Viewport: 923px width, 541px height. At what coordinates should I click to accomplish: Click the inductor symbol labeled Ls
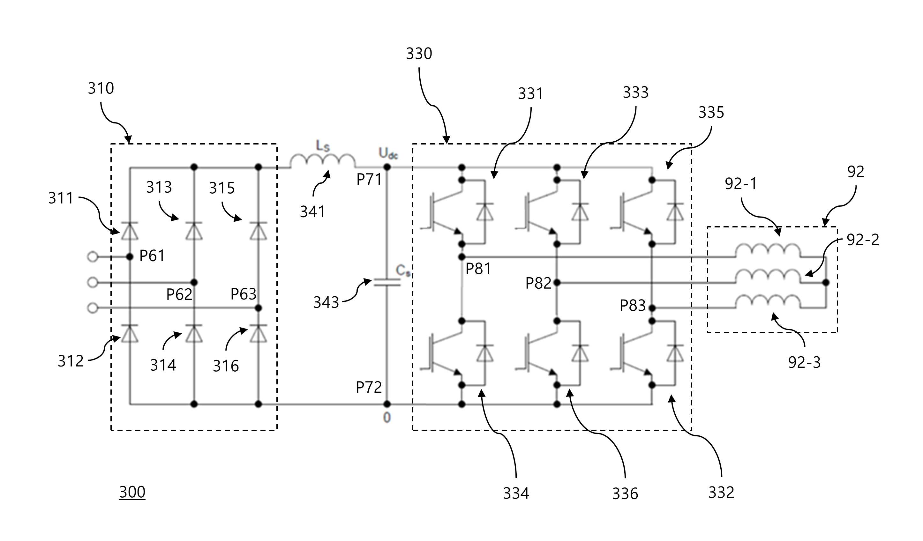323,161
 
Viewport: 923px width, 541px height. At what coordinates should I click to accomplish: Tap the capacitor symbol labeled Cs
387,282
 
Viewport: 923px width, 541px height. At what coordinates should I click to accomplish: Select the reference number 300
132,492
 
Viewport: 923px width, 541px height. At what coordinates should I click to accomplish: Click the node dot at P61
129,257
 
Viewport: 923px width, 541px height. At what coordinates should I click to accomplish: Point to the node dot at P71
387,167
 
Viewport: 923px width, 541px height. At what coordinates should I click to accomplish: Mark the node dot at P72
387,404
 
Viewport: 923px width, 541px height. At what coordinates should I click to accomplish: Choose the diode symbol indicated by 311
129,231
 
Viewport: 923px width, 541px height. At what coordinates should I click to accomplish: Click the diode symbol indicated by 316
258,333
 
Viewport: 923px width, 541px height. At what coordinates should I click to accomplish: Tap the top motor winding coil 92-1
768,250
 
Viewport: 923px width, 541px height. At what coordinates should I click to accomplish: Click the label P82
538,283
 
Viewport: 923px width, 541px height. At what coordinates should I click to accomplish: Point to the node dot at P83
652,308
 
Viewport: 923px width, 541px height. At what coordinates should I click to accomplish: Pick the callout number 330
419,54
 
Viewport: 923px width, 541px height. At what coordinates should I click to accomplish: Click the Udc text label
388,153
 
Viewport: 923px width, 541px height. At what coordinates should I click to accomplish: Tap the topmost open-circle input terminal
93,257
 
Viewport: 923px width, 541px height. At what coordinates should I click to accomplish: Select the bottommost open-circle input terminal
93,308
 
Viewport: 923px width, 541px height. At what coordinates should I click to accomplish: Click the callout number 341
312,212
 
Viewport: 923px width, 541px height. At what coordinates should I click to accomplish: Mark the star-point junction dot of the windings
826,283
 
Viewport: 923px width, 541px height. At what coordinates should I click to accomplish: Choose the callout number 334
516,493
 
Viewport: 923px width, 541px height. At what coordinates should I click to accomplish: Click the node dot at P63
258,308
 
